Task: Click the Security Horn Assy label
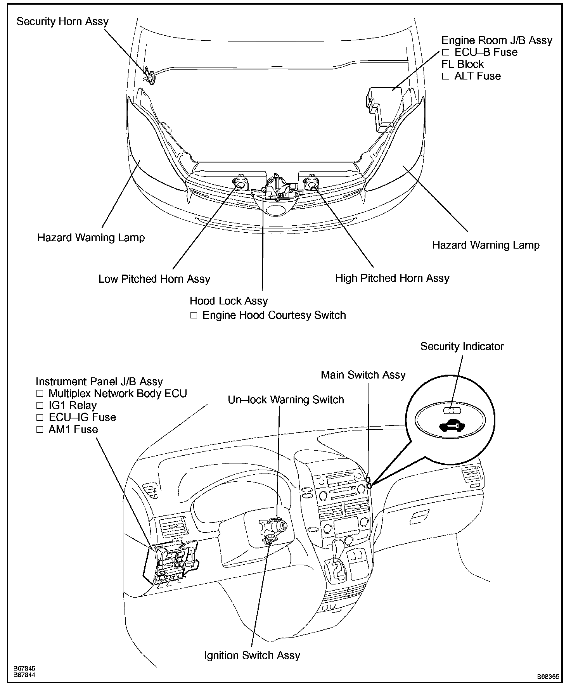(x=62, y=22)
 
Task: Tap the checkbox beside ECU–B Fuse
(x=445, y=52)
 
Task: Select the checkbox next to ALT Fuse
(x=445, y=76)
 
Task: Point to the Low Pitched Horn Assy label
(x=154, y=279)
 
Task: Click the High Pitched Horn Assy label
(x=392, y=278)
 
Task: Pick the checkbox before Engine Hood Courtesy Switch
(x=194, y=315)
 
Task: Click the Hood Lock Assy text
(x=228, y=301)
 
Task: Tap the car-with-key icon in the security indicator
(x=451, y=426)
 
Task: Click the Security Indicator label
(x=462, y=346)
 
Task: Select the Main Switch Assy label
(x=363, y=375)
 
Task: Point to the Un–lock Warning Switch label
(x=286, y=400)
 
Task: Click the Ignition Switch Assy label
(x=252, y=655)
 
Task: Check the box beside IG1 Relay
(x=40, y=406)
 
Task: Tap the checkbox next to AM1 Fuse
(x=40, y=430)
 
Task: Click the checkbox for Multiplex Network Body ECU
(x=40, y=394)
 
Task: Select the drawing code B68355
(x=548, y=677)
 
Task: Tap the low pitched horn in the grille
(x=239, y=184)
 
